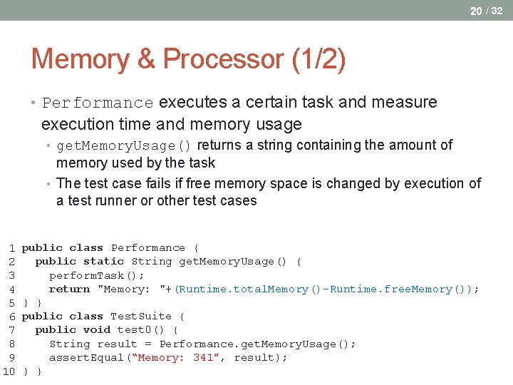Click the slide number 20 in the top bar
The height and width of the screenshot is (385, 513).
[475, 10]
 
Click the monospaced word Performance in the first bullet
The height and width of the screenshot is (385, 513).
[98, 103]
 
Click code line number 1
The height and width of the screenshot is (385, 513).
[12, 248]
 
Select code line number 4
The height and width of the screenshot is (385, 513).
[12, 289]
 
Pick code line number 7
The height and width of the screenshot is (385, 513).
[12, 330]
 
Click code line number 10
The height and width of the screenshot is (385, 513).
[9, 371]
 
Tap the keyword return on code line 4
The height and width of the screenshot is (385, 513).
[69, 289]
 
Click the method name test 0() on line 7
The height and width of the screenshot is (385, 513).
[141, 329]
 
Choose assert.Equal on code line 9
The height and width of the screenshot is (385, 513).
[86, 357]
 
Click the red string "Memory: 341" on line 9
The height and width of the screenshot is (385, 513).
[174, 357]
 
